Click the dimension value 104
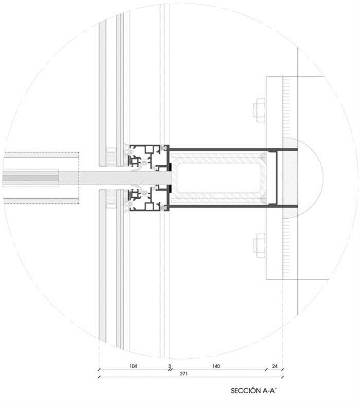tap(133, 366)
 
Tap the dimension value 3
tap(169, 366)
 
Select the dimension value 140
tap(216, 366)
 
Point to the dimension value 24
tap(275, 366)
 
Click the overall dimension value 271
tap(183, 374)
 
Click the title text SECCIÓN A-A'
tap(254, 391)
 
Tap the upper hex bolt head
tap(260, 110)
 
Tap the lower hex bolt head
tap(260, 246)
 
